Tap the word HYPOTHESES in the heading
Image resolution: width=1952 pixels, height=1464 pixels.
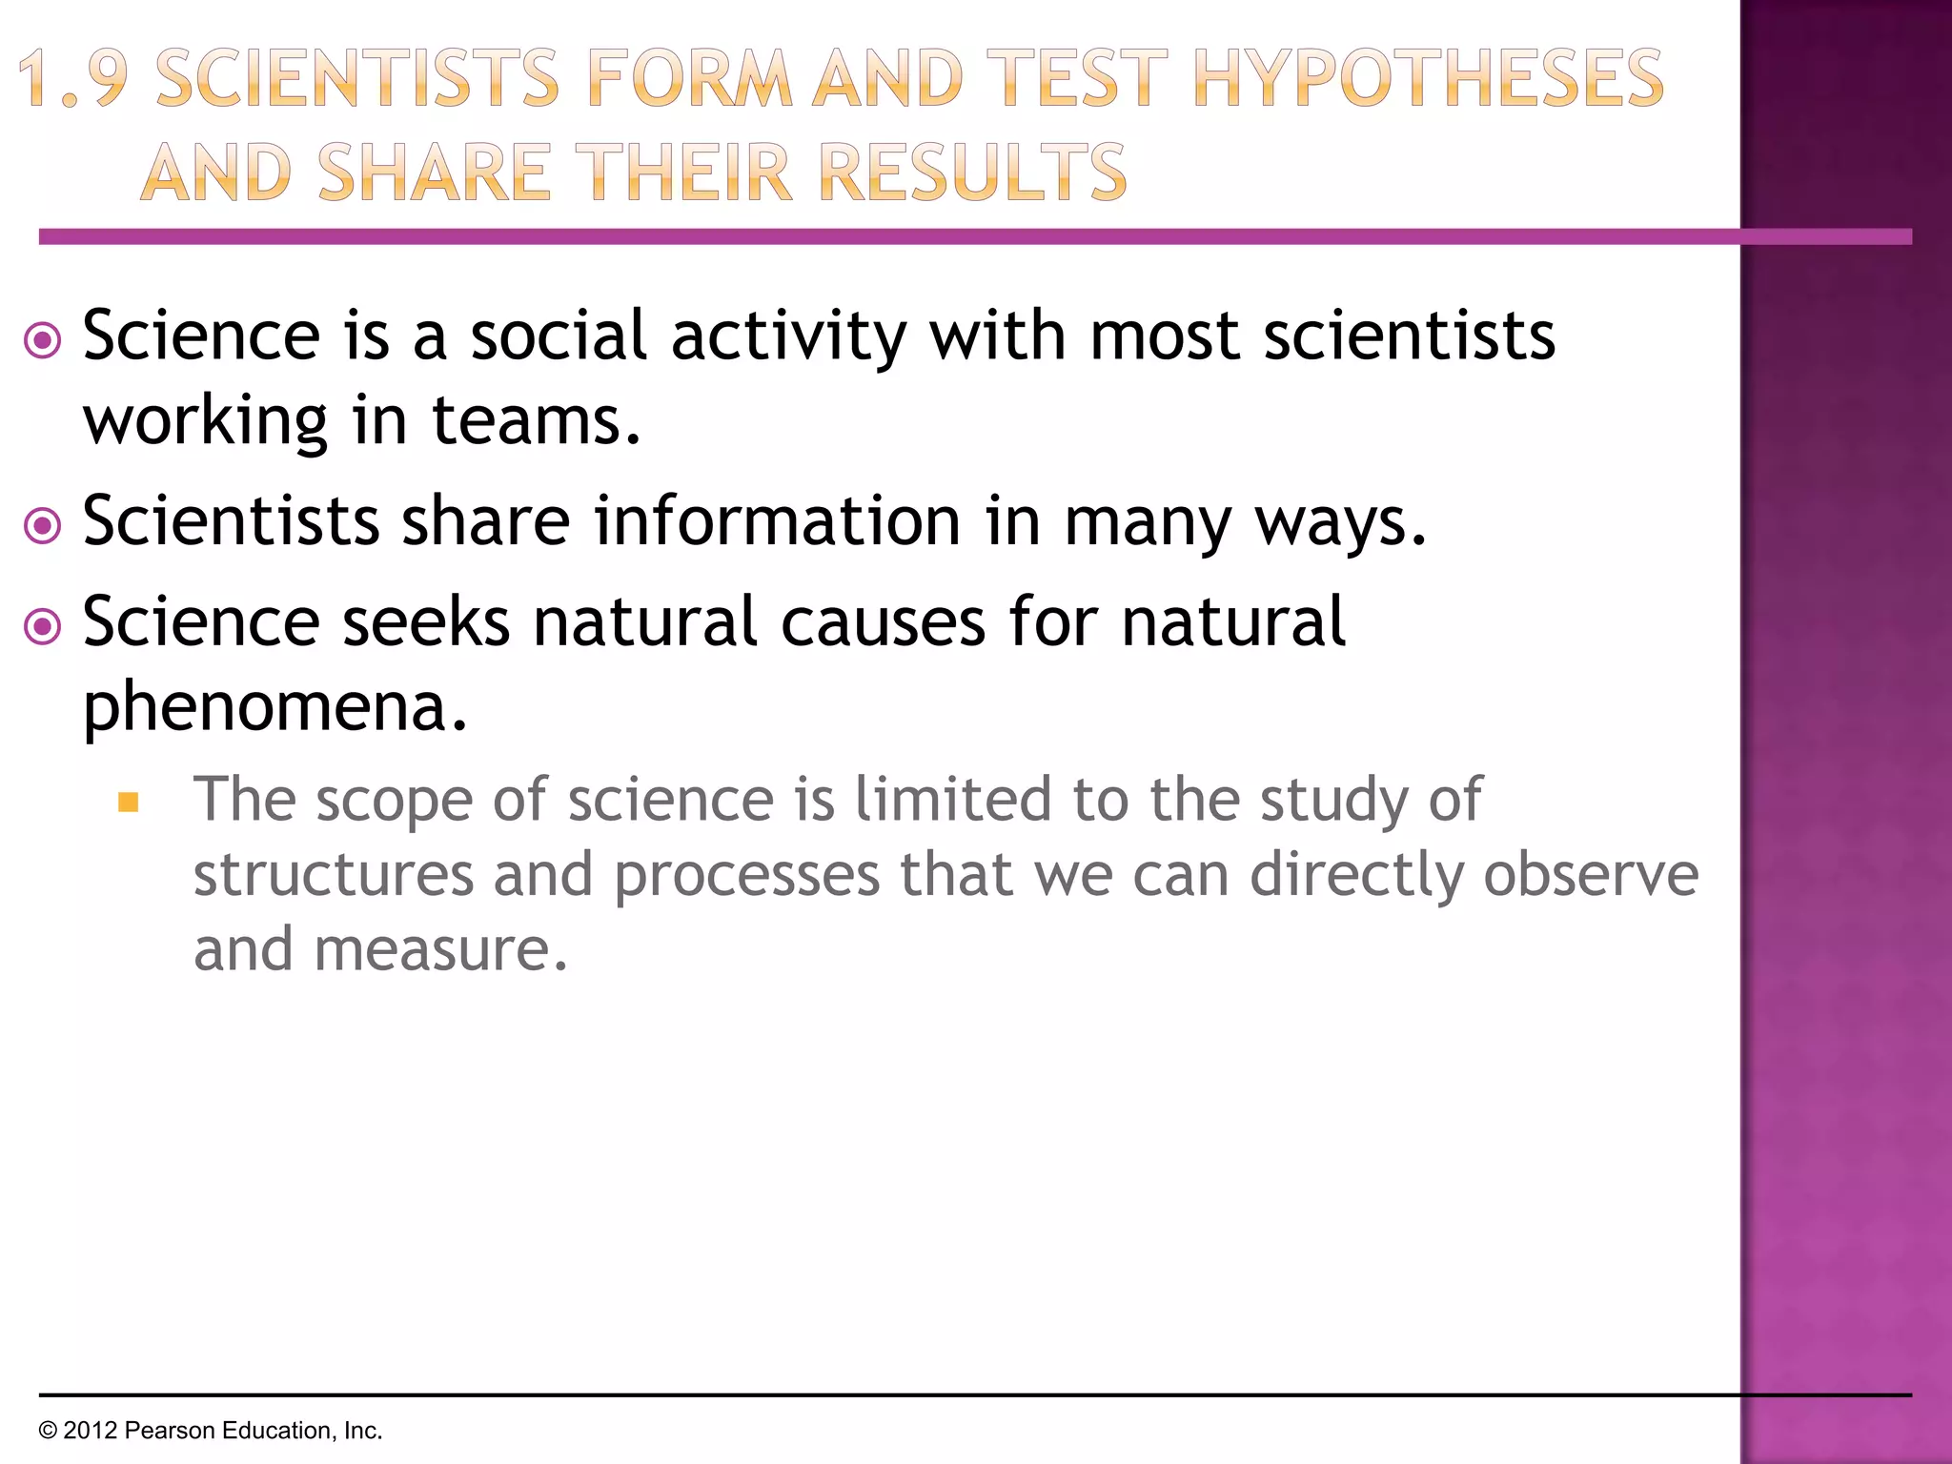point(1428,79)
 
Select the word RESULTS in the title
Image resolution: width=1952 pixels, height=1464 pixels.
point(973,173)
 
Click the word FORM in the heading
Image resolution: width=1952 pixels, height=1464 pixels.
point(689,79)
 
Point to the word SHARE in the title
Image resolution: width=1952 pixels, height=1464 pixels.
point(434,173)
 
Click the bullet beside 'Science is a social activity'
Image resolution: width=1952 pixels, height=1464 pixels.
point(43,340)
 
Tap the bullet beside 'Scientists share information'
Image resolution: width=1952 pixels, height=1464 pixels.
point(43,525)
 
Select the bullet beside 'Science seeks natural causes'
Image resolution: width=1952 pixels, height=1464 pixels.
point(43,626)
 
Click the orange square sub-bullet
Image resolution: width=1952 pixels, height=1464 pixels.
point(129,803)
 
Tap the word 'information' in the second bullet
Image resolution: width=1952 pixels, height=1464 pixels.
point(778,521)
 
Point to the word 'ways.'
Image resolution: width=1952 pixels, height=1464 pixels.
point(1340,523)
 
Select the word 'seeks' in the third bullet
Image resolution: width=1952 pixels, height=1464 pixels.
point(426,622)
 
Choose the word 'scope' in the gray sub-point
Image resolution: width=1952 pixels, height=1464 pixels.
point(395,801)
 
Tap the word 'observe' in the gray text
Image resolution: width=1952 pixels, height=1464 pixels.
point(1591,875)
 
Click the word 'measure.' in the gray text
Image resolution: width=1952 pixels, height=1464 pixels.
point(440,950)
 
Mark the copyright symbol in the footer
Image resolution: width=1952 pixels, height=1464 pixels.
point(48,1431)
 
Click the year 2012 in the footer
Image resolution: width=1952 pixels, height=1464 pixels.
point(90,1431)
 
